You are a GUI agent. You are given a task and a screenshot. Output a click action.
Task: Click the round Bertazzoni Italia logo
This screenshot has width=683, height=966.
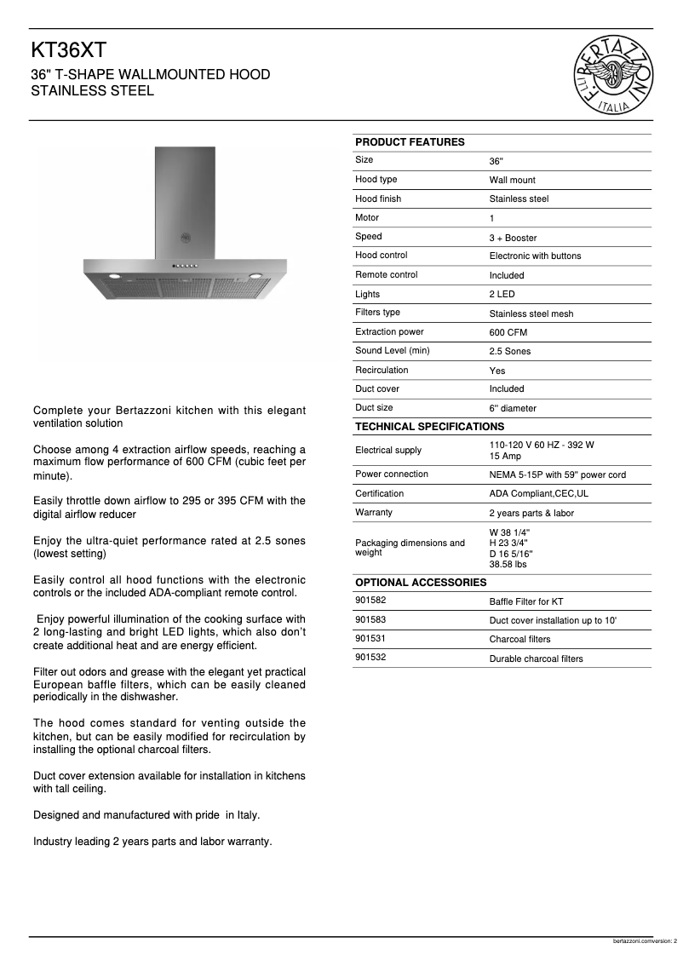pyautogui.click(x=615, y=75)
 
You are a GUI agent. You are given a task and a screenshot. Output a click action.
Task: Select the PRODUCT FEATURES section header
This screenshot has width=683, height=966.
pyautogui.click(x=410, y=142)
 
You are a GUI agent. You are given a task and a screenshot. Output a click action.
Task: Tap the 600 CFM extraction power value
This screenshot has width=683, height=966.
pyautogui.click(x=508, y=333)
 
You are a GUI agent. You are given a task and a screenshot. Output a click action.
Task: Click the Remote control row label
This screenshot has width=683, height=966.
pyautogui.click(x=386, y=275)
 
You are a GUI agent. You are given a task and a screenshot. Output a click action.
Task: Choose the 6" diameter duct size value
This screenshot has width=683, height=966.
pyautogui.click(x=513, y=409)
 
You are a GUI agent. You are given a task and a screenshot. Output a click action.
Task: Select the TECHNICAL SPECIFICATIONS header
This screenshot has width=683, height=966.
pyautogui.click(x=429, y=427)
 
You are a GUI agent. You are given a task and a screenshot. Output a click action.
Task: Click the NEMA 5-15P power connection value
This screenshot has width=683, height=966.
pyautogui.click(x=557, y=475)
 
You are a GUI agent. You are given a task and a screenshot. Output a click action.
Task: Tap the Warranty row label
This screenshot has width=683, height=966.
pyautogui.click(x=374, y=513)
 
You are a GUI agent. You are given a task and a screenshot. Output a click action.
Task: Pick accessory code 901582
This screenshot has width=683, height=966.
pyautogui.click(x=370, y=601)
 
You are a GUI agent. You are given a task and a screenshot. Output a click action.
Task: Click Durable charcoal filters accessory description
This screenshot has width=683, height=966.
pyautogui.click(x=536, y=659)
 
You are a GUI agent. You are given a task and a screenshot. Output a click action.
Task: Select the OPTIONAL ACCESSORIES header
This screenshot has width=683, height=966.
pyautogui.click(x=421, y=583)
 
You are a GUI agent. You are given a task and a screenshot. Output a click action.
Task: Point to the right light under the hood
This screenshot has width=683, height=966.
pyautogui.click(x=255, y=274)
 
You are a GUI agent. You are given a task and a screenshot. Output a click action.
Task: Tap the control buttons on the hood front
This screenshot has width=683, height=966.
pyautogui.click(x=185, y=265)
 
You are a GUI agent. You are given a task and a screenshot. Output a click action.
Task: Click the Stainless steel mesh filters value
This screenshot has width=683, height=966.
pyautogui.click(x=531, y=314)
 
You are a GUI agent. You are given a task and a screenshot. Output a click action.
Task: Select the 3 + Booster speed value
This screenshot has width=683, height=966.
pyautogui.click(x=513, y=239)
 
